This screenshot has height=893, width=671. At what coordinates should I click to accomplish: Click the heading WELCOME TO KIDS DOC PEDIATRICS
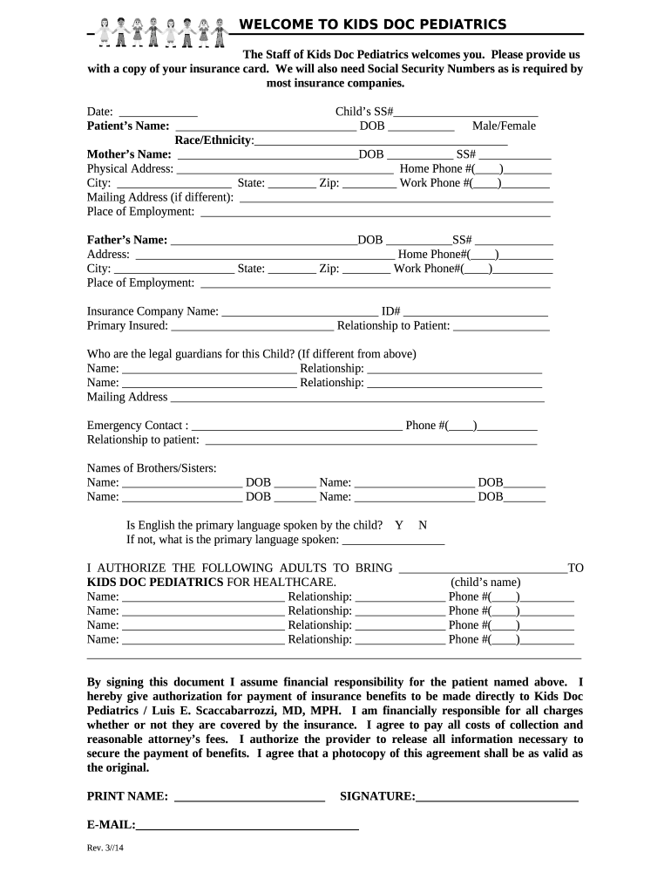click(x=373, y=24)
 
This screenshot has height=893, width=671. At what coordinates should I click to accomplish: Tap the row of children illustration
click(x=159, y=30)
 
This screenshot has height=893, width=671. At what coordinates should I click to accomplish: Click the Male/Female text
click(x=504, y=126)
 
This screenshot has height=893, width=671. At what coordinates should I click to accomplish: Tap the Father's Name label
click(x=127, y=240)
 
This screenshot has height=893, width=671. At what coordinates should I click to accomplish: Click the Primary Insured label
click(x=127, y=325)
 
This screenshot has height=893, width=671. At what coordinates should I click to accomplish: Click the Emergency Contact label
click(x=137, y=426)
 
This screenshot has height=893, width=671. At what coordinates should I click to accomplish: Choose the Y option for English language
click(x=399, y=525)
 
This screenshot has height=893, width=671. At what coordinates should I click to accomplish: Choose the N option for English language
click(x=423, y=525)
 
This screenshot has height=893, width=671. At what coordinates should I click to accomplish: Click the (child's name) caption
click(x=485, y=583)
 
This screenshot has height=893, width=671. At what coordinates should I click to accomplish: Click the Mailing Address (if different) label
click(x=160, y=197)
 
